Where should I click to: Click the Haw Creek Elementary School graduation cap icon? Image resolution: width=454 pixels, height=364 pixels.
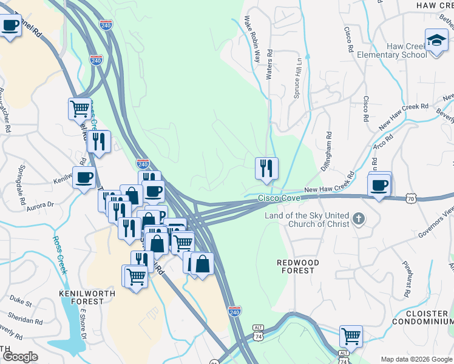click(x=435, y=40)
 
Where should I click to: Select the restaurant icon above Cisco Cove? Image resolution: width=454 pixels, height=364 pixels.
click(x=266, y=168)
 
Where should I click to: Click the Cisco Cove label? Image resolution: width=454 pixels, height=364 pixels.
click(x=279, y=198)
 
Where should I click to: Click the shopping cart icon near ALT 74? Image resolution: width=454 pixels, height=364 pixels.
click(x=351, y=335)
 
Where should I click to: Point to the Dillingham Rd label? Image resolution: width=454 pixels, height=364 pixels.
click(x=328, y=149)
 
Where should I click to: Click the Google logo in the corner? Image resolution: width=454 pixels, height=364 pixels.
click(x=20, y=357)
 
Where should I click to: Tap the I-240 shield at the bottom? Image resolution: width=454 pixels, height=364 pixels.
click(x=235, y=311)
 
